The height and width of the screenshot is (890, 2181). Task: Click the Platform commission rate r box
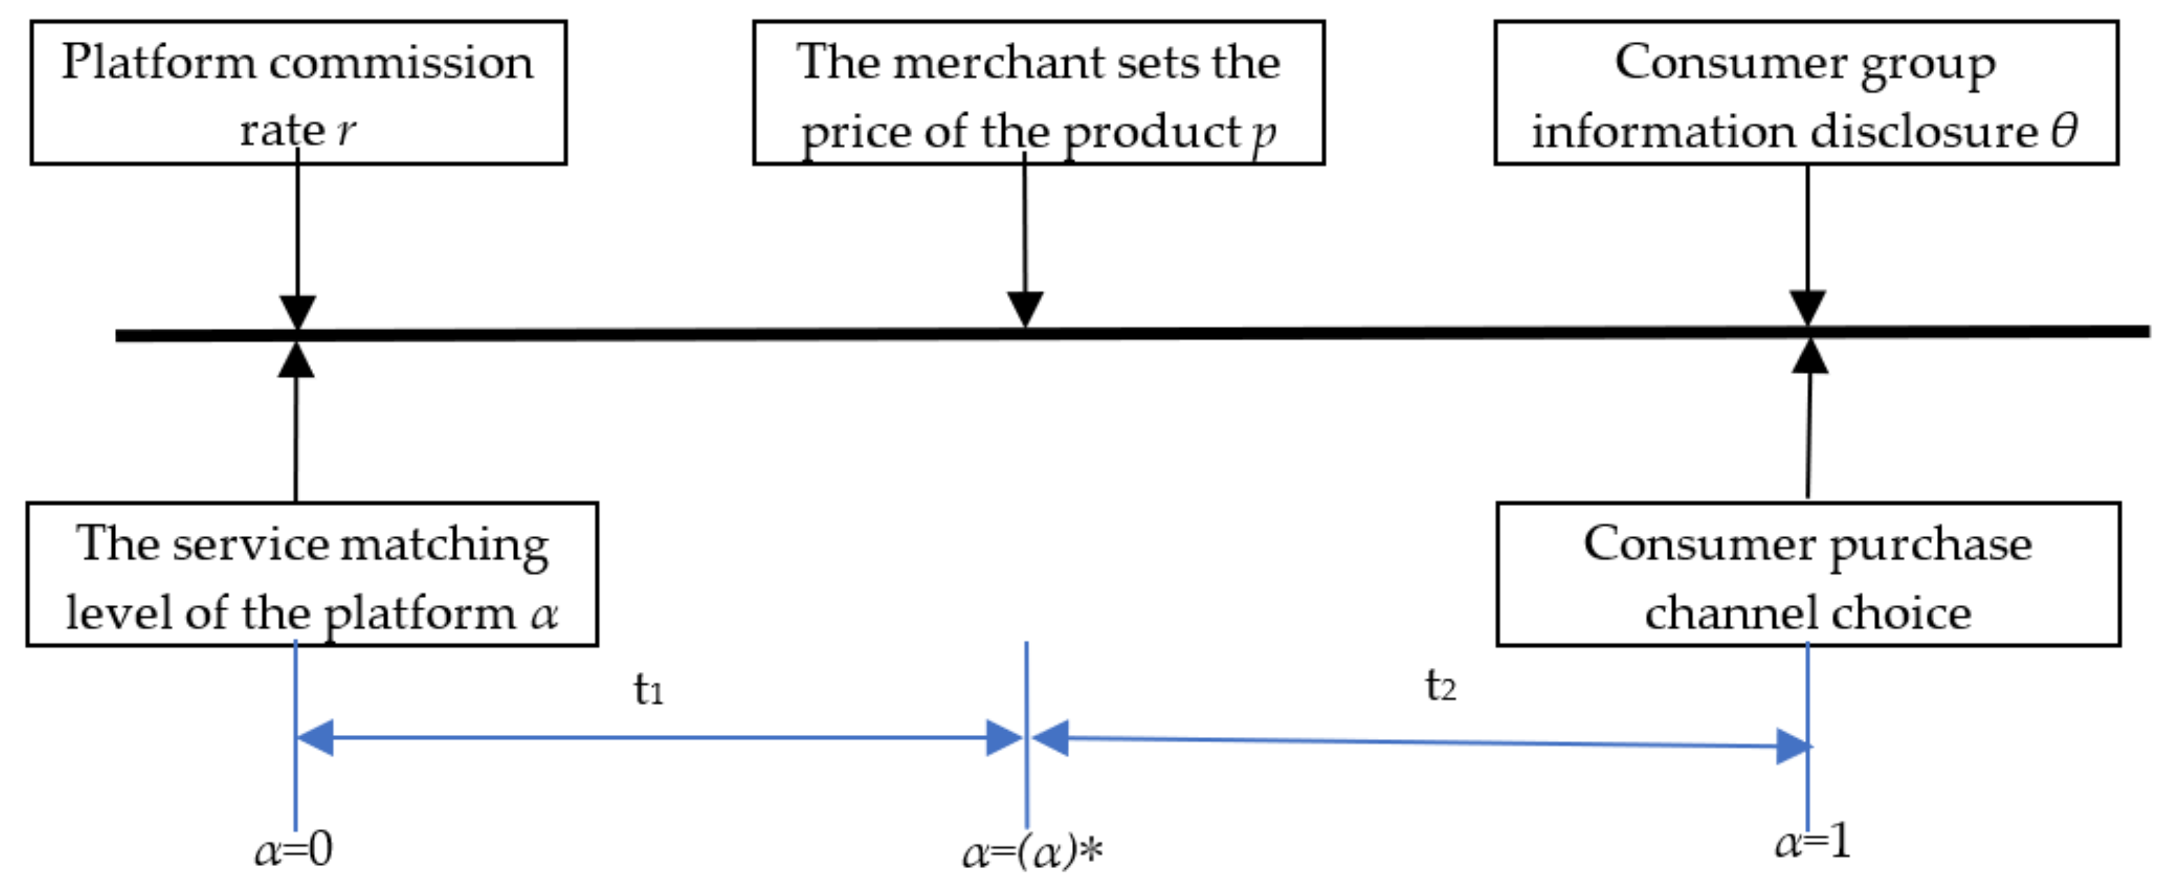pos(298,92)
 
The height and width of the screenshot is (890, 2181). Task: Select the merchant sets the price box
pos(1038,92)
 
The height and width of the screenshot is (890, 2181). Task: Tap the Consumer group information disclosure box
pos(1806,92)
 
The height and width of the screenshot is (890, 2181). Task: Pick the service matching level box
pos(312,574)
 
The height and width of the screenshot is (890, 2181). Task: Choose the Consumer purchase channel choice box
pos(1808,574)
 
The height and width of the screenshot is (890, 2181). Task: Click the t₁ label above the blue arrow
pos(649,689)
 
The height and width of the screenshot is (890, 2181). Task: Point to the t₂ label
pos(1440,686)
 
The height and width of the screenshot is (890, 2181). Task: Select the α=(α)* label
pos(1033,852)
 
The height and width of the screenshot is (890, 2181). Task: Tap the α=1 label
pos(1812,843)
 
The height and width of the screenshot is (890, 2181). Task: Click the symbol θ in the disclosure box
pos(2063,131)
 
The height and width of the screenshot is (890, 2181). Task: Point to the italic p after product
pos(1264,134)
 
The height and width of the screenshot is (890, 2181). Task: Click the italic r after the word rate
pos(346,131)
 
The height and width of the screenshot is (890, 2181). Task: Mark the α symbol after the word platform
pos(544,614)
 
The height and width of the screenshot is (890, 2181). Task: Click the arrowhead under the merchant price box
pos(1024,308)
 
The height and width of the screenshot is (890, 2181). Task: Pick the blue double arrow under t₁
pos(660,738)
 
